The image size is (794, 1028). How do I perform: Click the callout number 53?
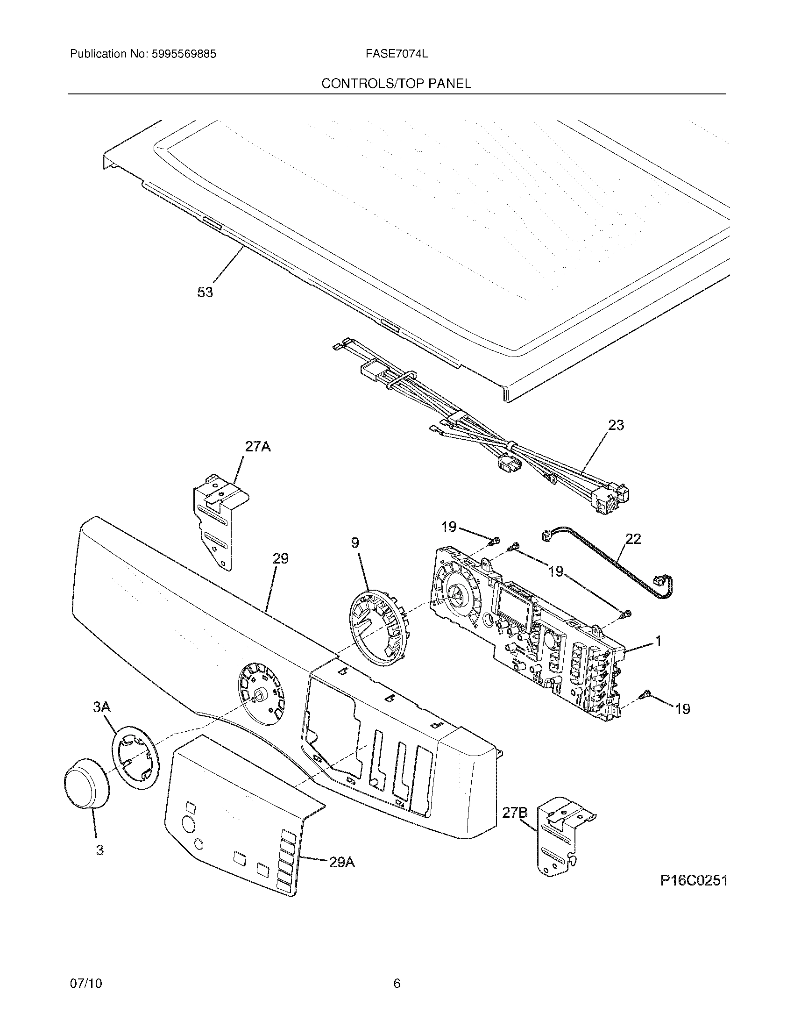coord(205,293)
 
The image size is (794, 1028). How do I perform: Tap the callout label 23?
coord(616,425)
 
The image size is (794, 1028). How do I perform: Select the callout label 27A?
coord(257,446)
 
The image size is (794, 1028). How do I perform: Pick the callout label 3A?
coord(102,720)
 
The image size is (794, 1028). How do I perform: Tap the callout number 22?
coord(633,538)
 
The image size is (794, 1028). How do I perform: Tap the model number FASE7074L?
coord(397,54)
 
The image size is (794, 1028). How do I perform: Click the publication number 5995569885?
coord(184,54)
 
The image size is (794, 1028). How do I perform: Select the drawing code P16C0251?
coord(694,881)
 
